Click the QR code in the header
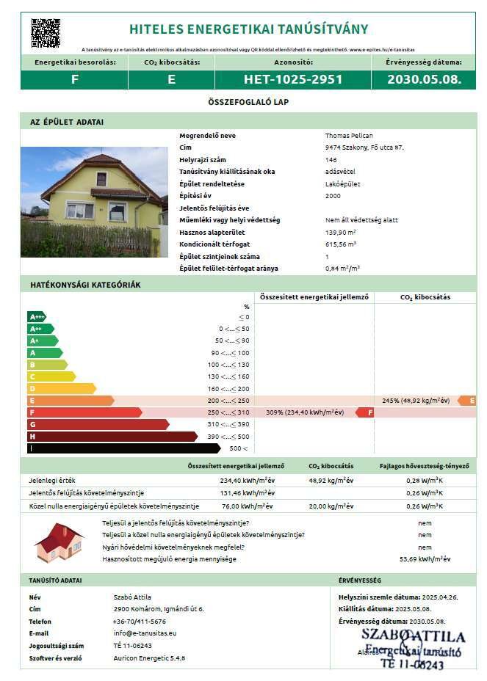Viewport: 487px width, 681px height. (x=45, y=32)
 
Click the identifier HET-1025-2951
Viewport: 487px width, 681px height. (x=293, y=79)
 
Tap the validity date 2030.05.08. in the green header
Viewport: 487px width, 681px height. (x=424, y=79)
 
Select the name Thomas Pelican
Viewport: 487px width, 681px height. (x=349, y=136)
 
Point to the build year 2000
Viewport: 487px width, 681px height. (x=332, y=196)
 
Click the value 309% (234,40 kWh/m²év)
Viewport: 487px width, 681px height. (x=305, y=412)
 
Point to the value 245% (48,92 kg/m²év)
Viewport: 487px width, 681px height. (x=416, y=401)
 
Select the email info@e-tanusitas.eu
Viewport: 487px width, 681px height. (x=145, y=633)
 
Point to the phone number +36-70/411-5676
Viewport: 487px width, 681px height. (x=139, y=621)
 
